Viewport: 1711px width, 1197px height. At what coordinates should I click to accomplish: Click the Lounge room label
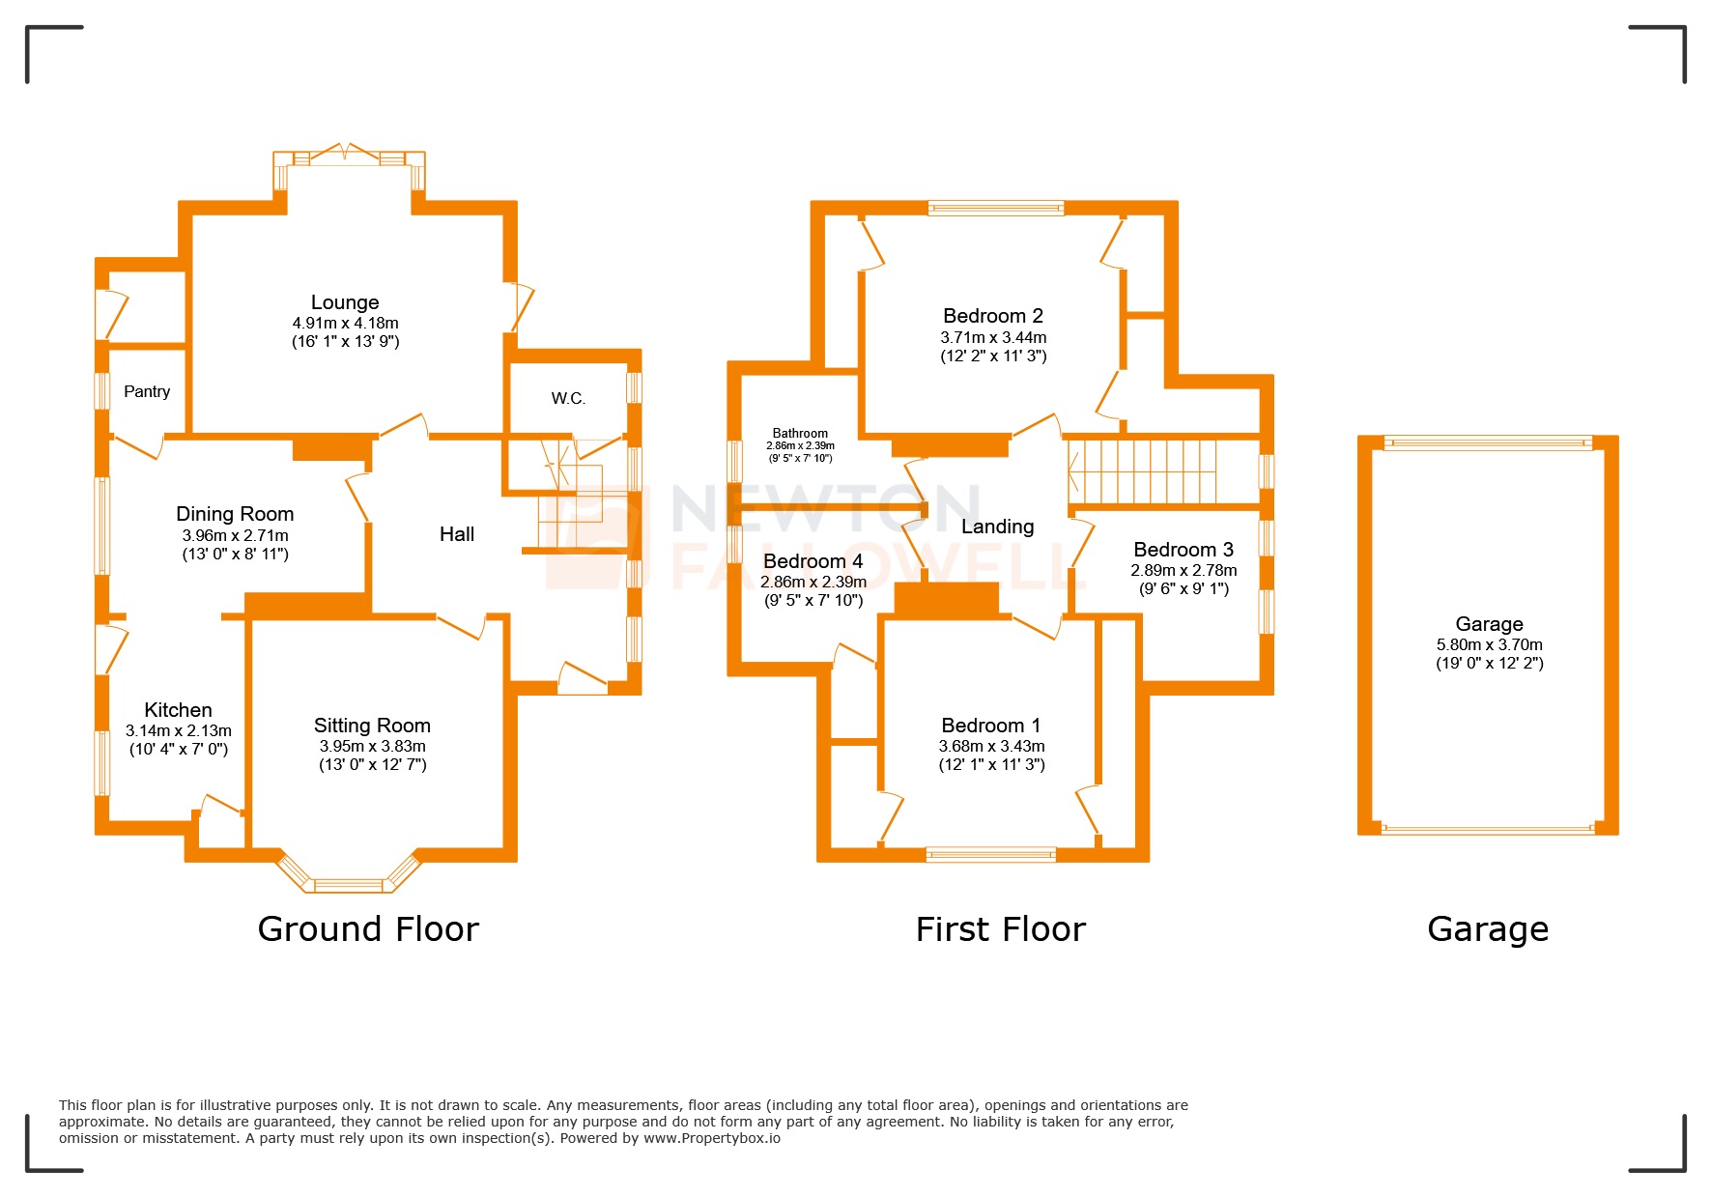[x=345, y=302]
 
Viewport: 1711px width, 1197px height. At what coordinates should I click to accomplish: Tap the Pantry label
[x=147, y=391]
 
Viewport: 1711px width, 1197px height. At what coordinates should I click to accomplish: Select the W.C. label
[x=568, y=398]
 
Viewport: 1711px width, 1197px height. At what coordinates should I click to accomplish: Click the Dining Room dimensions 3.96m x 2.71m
[x=235, y=535]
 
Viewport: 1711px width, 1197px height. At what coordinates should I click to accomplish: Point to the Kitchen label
[x=178, y=710]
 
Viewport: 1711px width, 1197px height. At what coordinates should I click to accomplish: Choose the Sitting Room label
[x=372, y=726]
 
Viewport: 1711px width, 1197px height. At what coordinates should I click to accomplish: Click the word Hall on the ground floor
[x=457, y=534]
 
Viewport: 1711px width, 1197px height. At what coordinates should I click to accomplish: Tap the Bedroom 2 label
[x=993, y=316]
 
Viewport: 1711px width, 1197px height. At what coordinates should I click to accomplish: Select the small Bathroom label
[x=800, y=434]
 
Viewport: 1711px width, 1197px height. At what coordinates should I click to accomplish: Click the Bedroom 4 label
[x=813, y=561]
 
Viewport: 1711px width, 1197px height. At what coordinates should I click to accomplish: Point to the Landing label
[x=997, y=527]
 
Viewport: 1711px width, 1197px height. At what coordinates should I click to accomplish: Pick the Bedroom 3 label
[x=1183, y=550]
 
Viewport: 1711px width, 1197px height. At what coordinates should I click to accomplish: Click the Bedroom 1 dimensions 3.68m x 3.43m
[x=991, y=746]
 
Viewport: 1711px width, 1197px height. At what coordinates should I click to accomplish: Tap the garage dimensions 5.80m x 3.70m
[x=1489, y=644]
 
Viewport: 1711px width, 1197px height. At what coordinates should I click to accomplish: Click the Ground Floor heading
[x=368, y=929]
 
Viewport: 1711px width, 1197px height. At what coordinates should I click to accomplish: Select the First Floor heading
[x=1000, y=929]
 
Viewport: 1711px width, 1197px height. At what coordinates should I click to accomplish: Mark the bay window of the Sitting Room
[x=349, y=881]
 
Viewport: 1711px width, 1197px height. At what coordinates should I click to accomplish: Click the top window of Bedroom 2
[x=995, y=207]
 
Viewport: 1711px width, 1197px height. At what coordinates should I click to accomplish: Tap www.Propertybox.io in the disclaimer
[x=712, y=1138]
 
